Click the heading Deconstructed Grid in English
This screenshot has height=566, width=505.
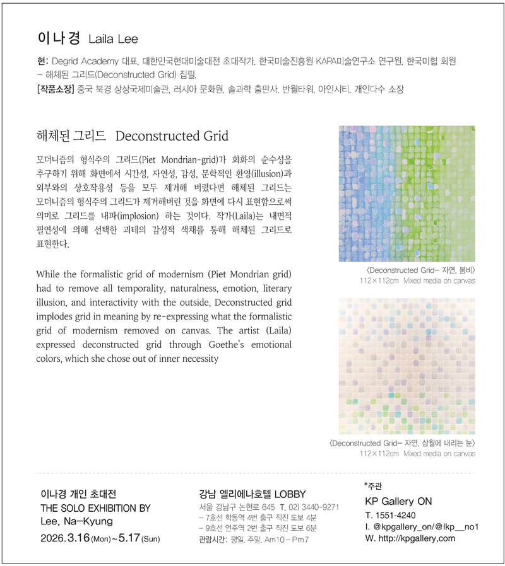172,136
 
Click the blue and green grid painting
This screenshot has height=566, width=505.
407,193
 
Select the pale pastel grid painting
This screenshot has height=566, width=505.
407,366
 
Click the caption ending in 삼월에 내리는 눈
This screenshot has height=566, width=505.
402,443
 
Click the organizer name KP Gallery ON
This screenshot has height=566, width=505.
398,502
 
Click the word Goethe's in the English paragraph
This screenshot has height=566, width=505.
229,345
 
